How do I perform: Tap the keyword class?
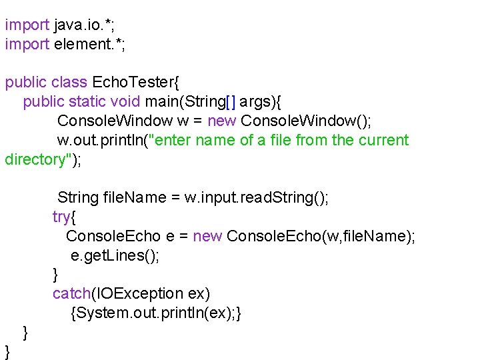[x=69, y=83]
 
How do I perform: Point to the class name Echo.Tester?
[x=132, y=83]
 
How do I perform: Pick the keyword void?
[x=125, y=102]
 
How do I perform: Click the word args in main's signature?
[x=253, y=102]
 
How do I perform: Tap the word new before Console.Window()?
[x=222, y=121]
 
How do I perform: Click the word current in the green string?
[x=383, y=141]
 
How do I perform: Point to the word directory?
[x=33, y=160]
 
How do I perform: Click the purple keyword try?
[x=62, y=217]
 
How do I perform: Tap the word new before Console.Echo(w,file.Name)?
[x=207, y=237]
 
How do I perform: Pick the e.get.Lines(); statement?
[x=115, y=256]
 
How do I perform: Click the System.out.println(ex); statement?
[x=155, y=313]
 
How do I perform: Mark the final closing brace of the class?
[x=7, y=351]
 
